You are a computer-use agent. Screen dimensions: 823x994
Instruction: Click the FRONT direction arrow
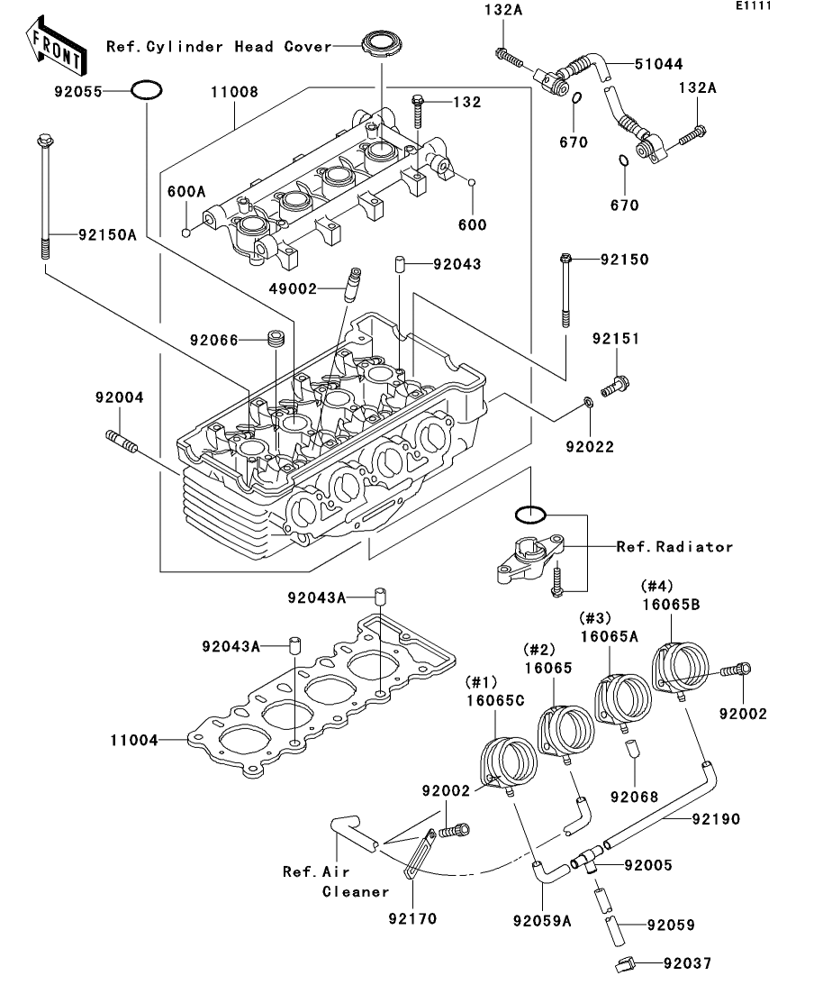pyautogui.click(x=56, y=46)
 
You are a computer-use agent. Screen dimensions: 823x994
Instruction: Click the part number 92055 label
pyautogui.click(x=78, y=91)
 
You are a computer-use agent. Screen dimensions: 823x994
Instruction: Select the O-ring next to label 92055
pyautogui.click(x=146, y=91)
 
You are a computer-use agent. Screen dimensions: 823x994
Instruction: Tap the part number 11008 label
pyautogui.click(x=234, y=92)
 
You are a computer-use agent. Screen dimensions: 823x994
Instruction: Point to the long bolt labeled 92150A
pyautogui.click(x=45, y=196)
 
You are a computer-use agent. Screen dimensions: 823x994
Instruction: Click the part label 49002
pyautogui.click(x=293, y=289)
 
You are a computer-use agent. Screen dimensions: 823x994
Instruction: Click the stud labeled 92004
pyautogui.click(x=121, y=441)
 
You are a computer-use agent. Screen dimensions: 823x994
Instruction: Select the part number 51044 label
pyautogui.click(x=659, y=64)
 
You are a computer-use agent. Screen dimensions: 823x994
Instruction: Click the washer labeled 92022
pyautogui.click(x=588, y=402)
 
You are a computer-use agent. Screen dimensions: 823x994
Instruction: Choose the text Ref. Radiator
pyautogui.click(x=674, y=546)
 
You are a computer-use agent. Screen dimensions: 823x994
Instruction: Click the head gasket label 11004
pyautogui.click(x=133, y=740)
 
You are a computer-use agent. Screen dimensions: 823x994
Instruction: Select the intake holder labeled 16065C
pyautogui.click(x=509, y=762)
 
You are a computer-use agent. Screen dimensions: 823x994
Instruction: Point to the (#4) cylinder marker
pyautogui.click(x=657, y=586)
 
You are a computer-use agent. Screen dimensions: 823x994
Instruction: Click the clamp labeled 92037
pyautogui.click(x=624, y=963)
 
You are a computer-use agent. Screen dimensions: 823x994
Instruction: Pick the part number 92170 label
pyautogui.click(x=412, y=918)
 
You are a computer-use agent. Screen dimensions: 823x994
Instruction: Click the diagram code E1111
pyautogui.click(x=754, y=5)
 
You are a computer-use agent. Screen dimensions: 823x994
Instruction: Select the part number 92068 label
pyautogui.click(x=634, y=797)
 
